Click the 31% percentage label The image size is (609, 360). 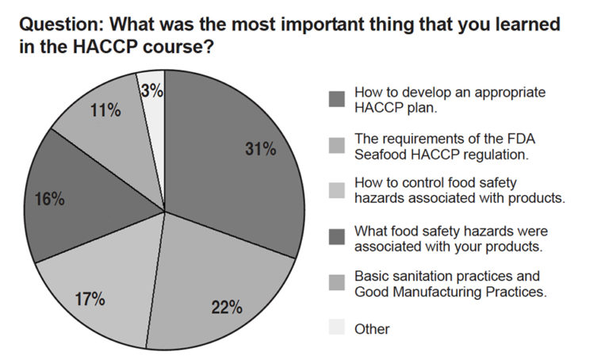click(260, 148)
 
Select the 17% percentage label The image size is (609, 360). click(90, 299)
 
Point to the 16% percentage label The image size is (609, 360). click(49, 200)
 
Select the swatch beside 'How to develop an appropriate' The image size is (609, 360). click(336, 99)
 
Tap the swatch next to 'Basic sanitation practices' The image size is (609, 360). click(336, 283)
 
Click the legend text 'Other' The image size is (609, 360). click(372, 329)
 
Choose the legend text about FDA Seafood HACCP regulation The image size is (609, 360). click(439, 145)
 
